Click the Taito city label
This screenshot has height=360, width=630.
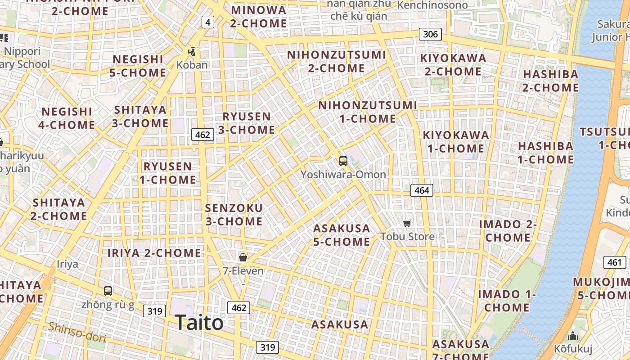pyautogui.click(x=199, y=323)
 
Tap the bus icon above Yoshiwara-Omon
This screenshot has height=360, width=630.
pyautogui.click(x=343, y=161)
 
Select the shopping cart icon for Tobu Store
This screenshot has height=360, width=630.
pyautogui.click(x=407, y=223)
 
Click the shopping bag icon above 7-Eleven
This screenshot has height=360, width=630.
pyautogui.click(x=243, y=257)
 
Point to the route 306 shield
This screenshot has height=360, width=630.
pyautogui.click(x=430, y=34)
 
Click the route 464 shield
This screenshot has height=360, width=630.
pyautogui.click(x=422, y=190)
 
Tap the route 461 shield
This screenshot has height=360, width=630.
pyautogui.click(x=614, y=262)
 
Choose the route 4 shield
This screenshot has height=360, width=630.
pyautogui.click(x=207, y=22)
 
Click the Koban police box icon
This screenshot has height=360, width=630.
pyautogui.click(x=192, y=52)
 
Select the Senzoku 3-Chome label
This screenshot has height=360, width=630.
pyautogui.click(x=234, y=215)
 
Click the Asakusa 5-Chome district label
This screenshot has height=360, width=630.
pyautogui.click(x=342, y=235)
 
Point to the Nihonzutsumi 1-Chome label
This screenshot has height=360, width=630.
pyautogui.click(x=368, y=112)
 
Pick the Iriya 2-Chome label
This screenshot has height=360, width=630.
pyautogui.click(x=154, y=253)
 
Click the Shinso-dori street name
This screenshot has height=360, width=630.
pyautogui.click(x=77, y=333)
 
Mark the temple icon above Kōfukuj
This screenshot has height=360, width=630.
pyautogui.click(x=572, y=336)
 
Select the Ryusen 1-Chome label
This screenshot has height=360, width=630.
pyautogui.click(x=167, y=173)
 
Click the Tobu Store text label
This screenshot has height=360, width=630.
pyautogui.click(x=407, y=237)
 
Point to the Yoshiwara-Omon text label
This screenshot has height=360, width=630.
pyautogui.click(x=343, y=175)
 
